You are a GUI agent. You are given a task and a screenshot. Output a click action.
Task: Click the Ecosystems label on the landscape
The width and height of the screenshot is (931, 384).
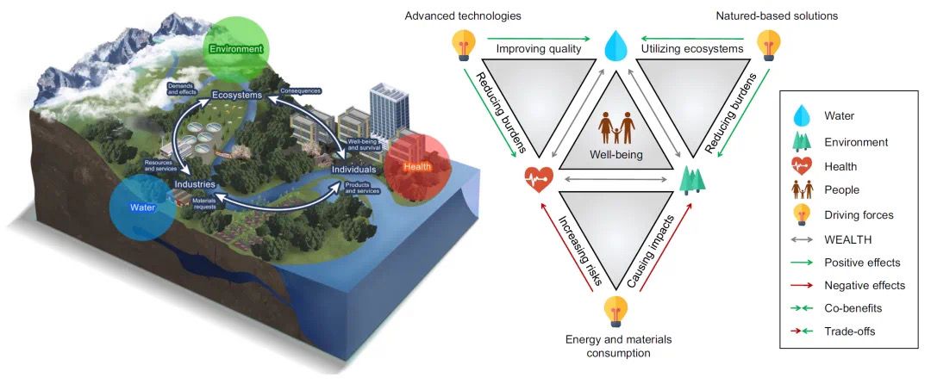coord(225,95)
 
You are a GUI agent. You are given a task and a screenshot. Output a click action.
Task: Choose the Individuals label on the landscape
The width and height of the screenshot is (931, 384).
coord(354,170)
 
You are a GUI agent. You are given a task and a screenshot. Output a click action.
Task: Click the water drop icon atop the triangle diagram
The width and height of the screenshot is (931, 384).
coord(616,46)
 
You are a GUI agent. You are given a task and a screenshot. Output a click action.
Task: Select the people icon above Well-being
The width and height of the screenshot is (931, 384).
coord(616,127)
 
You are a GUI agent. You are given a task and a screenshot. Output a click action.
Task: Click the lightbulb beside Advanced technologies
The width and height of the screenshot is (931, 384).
coord(464,45)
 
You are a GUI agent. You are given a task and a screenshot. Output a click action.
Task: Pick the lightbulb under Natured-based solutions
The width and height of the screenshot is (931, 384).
coord(768,44)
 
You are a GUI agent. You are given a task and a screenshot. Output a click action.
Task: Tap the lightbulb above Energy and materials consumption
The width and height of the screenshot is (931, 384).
coord(615,309)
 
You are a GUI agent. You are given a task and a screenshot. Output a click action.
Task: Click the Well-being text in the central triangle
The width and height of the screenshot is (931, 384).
coord(615,156)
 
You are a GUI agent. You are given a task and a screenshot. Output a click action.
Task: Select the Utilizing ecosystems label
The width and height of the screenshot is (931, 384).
coord(692,49)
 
